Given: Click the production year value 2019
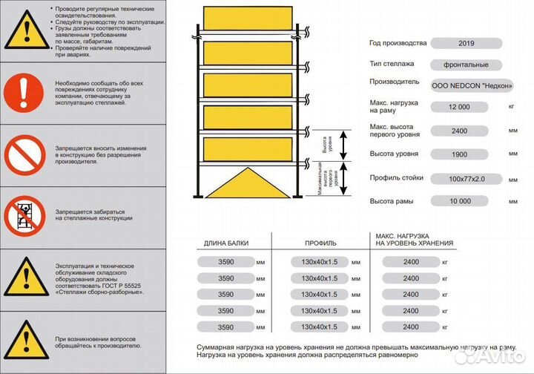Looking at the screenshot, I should click(460, 43).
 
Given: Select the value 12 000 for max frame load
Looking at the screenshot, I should click(460, 107).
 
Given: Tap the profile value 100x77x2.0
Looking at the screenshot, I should click(460, 178).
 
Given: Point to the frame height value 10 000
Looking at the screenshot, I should click(460, 201).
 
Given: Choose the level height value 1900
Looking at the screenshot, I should click(460, 154).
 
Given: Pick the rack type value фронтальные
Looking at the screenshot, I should click(460, 64).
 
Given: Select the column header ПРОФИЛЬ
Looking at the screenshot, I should click(320, 243).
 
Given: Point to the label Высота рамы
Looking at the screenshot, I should click(392, 201).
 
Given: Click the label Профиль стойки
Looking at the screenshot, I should click(397, 177).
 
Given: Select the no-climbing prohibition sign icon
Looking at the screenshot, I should click(24, 214).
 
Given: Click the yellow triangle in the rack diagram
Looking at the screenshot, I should click(247, 183).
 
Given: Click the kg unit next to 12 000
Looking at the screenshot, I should click(511, 107).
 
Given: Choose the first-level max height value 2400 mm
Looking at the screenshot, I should click(460, 131).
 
